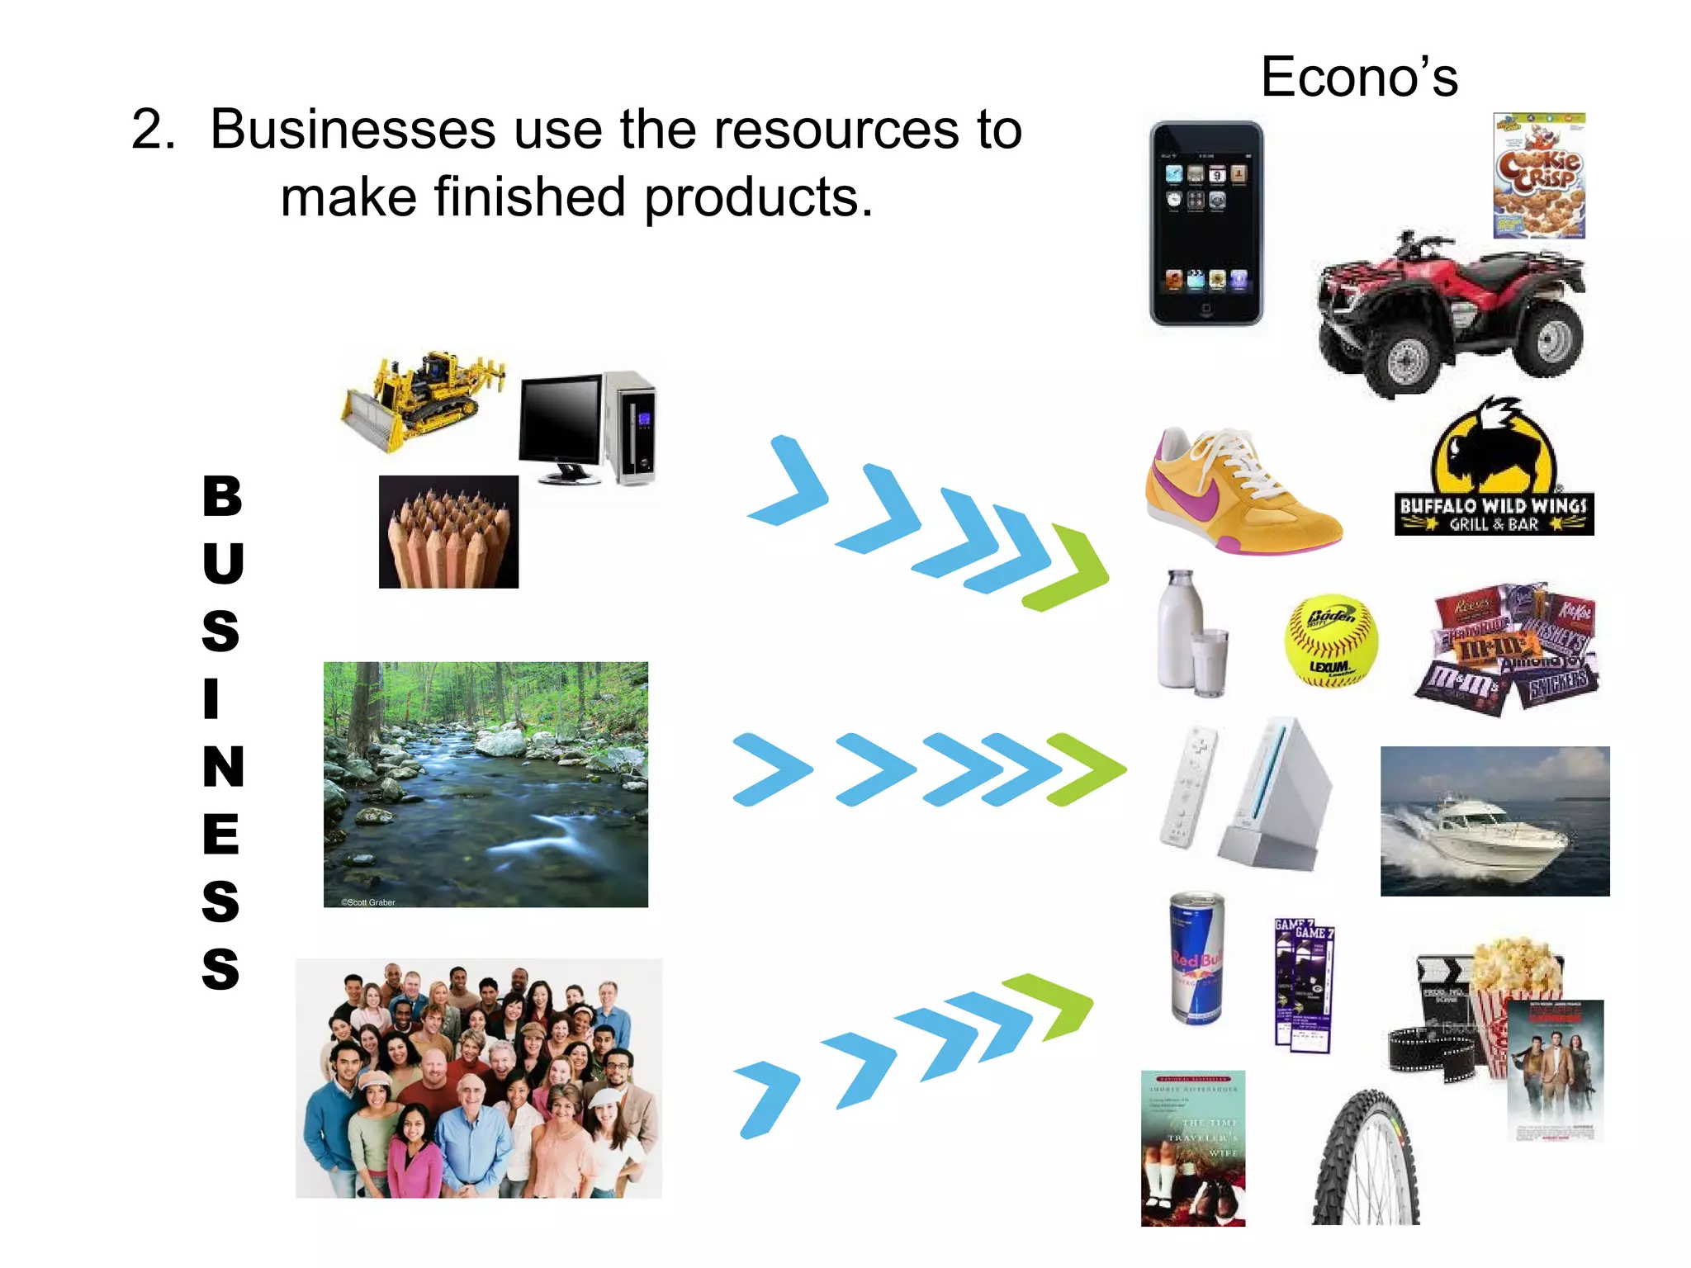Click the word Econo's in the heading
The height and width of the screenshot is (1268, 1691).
tap(1359, 77)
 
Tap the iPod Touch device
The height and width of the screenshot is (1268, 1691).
tap(1205, 223)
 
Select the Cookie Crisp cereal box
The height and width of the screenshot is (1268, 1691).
tap(1539, 177)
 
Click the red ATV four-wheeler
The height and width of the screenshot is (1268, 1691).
tap(1451, 314)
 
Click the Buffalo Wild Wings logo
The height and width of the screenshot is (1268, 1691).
tap(1494, 471)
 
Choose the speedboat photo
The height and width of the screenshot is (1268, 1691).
tap(1494, 821)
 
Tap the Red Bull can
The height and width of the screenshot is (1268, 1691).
tap(1197, 958)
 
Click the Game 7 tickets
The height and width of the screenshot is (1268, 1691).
tap(1304, 986)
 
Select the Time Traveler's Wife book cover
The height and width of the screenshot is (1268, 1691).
tap(1192, 1148)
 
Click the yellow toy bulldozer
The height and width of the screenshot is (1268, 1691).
tap(421, 401)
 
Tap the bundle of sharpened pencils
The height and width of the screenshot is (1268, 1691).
tap(448, 532)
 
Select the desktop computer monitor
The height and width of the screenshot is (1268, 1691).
tap(561, 421)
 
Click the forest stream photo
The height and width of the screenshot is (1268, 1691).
tap(486, 784)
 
